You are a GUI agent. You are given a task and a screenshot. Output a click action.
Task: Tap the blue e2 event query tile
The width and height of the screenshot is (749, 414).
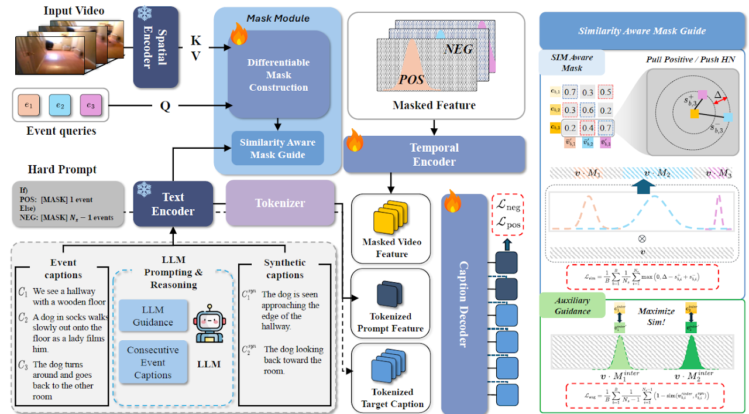click(59, 105)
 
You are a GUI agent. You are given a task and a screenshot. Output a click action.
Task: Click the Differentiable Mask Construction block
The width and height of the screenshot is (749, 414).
click(279, 75)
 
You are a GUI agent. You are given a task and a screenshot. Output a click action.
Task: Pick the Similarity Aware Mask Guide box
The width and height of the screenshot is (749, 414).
click(278, 149)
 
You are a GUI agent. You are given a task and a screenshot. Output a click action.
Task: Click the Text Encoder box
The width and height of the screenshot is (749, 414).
click(173, 204)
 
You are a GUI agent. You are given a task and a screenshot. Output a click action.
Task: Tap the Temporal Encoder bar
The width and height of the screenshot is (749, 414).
click(434, 154)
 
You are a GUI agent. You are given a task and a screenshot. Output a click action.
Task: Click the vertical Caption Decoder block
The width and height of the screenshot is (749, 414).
click(463, 304)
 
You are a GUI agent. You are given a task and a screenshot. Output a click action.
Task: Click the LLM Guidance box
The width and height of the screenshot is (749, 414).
click(153, 316)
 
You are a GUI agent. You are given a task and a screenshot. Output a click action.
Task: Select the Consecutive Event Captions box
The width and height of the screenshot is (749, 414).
click(153, 362)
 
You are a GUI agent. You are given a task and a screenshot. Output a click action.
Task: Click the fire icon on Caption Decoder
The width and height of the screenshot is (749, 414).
click(453, 202)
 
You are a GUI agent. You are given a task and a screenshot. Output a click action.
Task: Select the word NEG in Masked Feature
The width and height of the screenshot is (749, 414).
click(458, 50)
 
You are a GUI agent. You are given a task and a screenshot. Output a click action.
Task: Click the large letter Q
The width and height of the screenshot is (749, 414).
click(165, 107)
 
